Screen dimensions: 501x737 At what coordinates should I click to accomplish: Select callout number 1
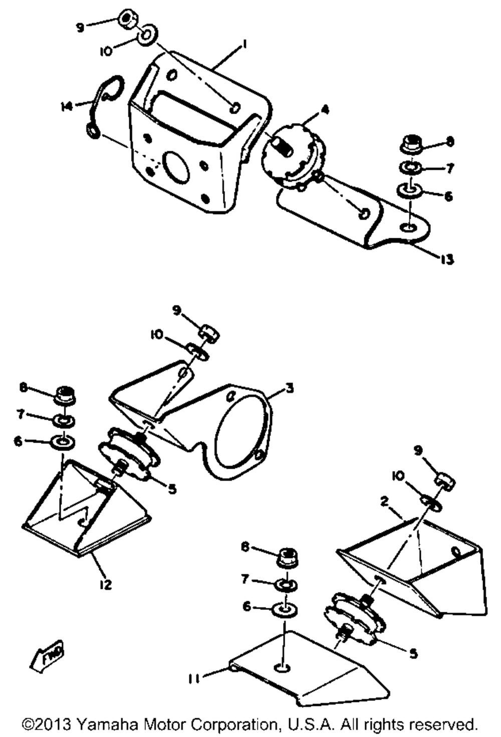pos(245,45)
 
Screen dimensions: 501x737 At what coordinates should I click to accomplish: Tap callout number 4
pos(325,109)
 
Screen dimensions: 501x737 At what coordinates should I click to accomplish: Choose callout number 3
pos(289,388)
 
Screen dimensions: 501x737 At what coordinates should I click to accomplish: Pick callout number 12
pos(106,584)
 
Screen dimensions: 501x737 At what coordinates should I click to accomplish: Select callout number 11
pos(194,678)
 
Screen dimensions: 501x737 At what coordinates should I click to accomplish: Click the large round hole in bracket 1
pos(173,167)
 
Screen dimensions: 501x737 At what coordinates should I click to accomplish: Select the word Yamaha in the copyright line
pos(108,724)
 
